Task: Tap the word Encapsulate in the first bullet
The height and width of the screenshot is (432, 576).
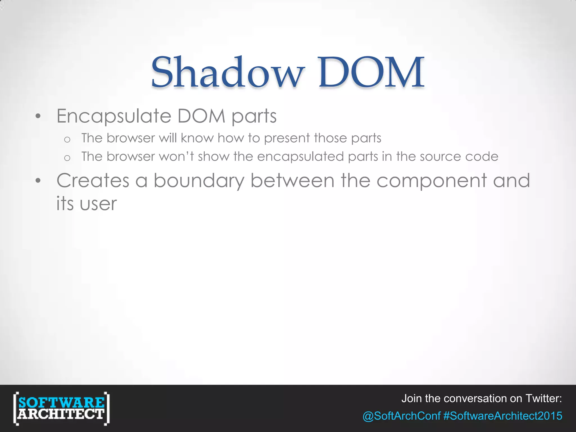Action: pos(114,116)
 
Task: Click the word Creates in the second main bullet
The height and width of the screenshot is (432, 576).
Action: pos(93,181)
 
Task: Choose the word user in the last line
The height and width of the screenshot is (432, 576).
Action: pos(98,204)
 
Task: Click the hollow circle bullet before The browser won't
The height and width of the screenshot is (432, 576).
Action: pos(67,158)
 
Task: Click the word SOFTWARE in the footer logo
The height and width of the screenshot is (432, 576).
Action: pos(61,402)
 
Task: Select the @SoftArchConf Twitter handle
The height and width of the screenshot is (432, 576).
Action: pos(401,416)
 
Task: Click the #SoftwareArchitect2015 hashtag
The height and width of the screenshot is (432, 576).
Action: pos(503,416)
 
